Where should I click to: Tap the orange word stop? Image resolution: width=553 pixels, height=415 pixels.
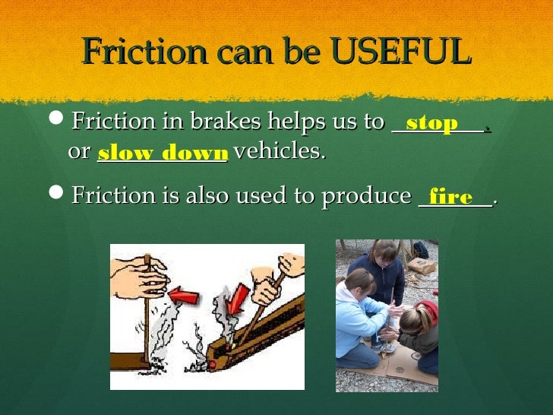431,123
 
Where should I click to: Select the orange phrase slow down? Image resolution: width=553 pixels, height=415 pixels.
162,153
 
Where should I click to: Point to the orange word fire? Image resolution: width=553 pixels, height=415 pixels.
450,198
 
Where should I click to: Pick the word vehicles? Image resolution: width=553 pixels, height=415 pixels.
280,152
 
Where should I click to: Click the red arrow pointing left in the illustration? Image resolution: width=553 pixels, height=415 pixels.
182,293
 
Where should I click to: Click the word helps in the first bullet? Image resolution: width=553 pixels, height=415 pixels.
292,122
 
